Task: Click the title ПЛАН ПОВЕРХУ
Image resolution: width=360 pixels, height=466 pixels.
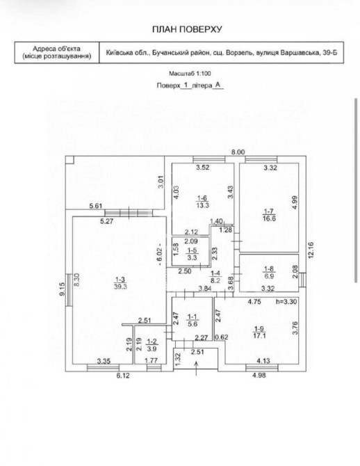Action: pos(187,29)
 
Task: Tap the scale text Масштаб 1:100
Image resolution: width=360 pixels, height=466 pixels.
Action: pos(190,73)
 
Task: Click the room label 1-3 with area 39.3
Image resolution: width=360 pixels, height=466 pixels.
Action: pos(120,282)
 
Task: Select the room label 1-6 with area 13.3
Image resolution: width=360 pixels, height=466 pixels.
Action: pos(202,202)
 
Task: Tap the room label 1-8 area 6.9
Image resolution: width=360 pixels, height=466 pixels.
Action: pos(269,273)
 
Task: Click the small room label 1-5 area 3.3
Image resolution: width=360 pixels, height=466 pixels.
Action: pos(192,255)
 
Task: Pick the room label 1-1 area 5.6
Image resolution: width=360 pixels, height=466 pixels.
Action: pos(193,321)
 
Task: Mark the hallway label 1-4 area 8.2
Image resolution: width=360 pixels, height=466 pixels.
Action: pos(215,276)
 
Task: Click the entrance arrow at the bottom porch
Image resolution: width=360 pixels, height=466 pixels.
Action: pos(196,369)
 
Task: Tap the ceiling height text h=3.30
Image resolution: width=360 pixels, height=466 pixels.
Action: pos(286,301)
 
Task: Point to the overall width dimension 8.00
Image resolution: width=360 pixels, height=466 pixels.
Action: pos(238,152)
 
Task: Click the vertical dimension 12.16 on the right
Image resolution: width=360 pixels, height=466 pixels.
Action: pos(311,250)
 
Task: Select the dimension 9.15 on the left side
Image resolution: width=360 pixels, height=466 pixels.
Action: pos(62,289)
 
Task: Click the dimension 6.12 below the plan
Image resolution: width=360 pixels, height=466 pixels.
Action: pos(123,376)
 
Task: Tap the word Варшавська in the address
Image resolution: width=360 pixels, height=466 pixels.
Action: pos(304,53)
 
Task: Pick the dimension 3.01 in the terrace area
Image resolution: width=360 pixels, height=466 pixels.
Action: pos(161,182)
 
